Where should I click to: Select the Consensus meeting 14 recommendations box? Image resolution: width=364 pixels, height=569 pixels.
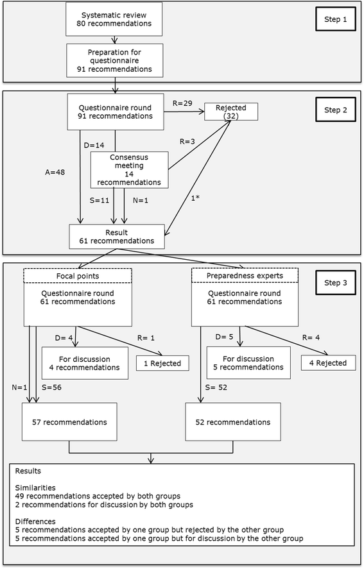[131, 169]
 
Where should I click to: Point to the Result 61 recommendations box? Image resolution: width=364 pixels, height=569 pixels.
[116, 235]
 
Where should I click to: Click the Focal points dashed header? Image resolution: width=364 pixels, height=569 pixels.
[78, 275]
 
